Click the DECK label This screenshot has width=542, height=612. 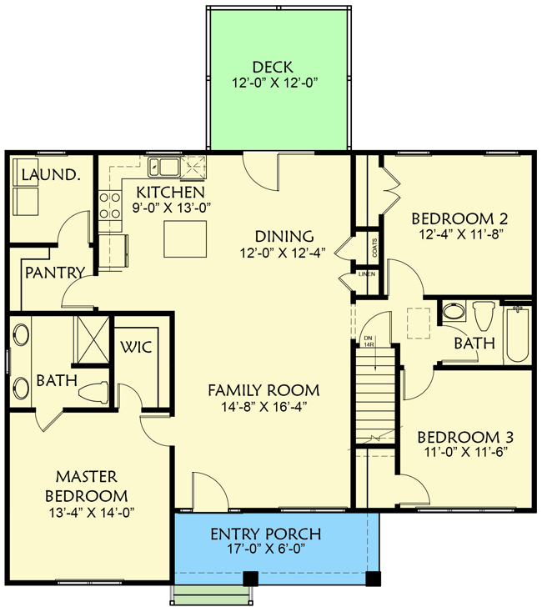273,68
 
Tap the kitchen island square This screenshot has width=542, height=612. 185,238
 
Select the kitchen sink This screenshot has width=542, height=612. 164,167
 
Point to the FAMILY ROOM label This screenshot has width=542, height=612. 263,390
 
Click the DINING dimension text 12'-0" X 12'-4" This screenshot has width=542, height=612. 283,253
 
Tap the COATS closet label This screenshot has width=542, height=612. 374,248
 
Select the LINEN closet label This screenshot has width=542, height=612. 367,274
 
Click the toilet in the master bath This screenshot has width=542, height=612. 93,392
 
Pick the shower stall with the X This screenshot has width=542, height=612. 92,339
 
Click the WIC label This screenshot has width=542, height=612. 136,347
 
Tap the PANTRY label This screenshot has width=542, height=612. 55,273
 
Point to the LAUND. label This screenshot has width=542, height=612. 51,175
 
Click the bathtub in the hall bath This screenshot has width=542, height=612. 518,335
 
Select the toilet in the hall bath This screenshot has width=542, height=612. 484,315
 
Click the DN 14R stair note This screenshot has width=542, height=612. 369,342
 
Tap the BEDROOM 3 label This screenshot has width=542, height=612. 465,437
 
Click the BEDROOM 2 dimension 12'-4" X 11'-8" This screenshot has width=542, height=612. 460,235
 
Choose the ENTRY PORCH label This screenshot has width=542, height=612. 266,534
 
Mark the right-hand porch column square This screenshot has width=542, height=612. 374,579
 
